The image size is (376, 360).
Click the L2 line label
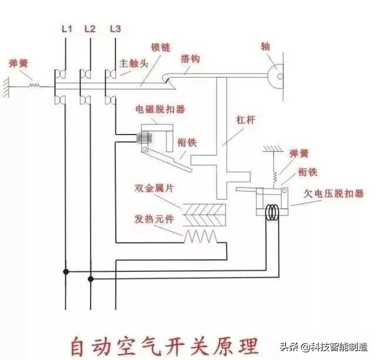[x=89, y=28]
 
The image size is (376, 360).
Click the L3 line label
[x=115, y=28]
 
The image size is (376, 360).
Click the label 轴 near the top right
[x=266, y=45]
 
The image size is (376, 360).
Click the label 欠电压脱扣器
[x=335, y=193]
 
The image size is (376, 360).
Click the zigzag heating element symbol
[x=201, y=236]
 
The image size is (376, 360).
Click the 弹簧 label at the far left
[x=17, y=62]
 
